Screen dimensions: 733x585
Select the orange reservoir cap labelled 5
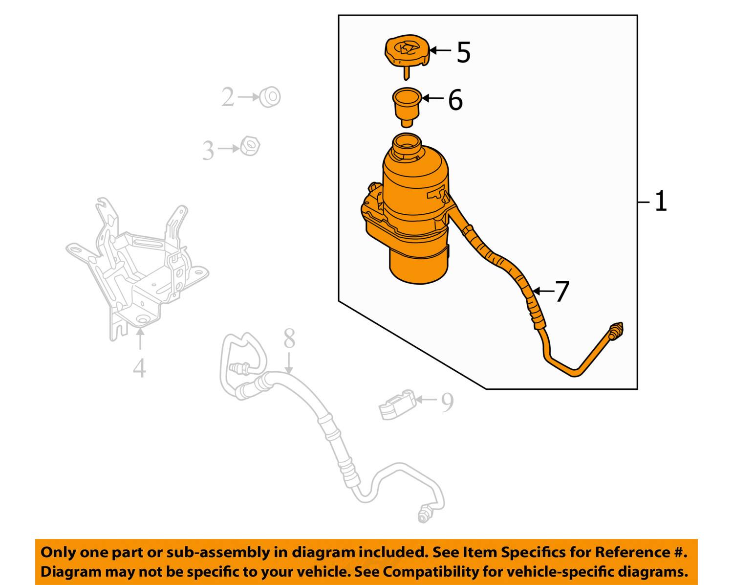(x=407, y=55)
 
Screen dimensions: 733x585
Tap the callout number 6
(x=455, y=100)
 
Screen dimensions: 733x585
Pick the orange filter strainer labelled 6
(x=407, y=107)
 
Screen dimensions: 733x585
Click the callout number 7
(x=562, y=292)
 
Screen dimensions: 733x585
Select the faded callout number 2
(x=228, y=97)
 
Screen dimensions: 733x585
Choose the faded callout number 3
(x=209, y=150)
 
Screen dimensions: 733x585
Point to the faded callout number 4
(x=139, y=368)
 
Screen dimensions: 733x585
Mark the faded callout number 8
(x=289, y=338)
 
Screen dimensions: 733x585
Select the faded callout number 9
(x=447, y=402)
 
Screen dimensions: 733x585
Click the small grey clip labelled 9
(x=397, y=405)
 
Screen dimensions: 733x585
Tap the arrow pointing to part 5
(x=440, y=50)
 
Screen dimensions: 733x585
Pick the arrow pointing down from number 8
(x=289, y=363)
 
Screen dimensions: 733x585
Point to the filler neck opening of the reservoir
(x=407, y=145)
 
